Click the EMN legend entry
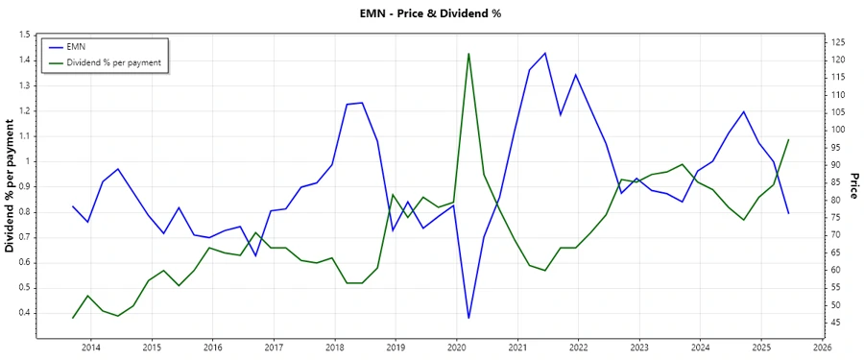pyautogui.click(x=78, y=46)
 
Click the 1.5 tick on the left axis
pyautogui.click(x=23, y=35)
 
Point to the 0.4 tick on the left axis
pyautogui.click(x=23, y=313)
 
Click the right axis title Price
pyautogui.click(x=852, y=186)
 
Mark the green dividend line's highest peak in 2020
pyautogui.click(x=468, y=54)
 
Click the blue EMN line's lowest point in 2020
pyautogui.click(x=468, y=318)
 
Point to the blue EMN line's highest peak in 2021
pyautogui.click(x=544, y=53)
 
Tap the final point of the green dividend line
pyautogui.click(x=788, y=139)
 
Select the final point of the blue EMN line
pyautogui.click(x=788, y=213)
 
